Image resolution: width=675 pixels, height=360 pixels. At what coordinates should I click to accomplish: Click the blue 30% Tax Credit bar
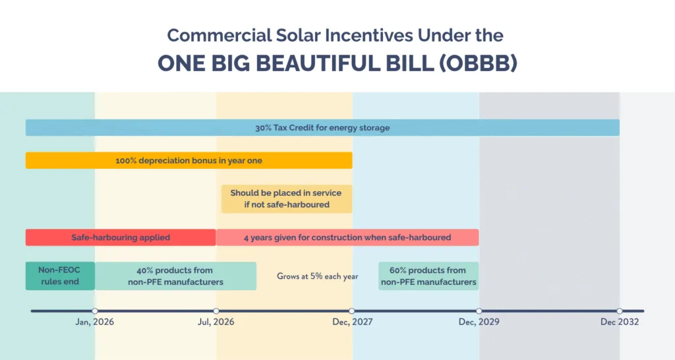(322, 127)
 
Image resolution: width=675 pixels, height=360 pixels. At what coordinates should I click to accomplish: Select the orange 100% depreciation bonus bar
(189, 160)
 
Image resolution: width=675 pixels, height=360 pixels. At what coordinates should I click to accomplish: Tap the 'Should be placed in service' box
(286, 198)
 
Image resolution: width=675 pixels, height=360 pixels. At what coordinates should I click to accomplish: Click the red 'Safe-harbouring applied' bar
(121, 237)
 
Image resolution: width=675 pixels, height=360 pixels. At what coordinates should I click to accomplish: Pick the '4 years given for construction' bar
(347, 237)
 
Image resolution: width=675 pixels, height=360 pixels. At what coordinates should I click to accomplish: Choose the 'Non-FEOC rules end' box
(60, 276)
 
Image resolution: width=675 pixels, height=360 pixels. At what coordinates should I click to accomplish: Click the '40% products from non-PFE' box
(175, 276)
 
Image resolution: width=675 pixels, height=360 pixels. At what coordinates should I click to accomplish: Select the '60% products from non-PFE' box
(428, 276)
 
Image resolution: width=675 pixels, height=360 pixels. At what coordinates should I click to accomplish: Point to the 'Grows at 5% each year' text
(317, 276)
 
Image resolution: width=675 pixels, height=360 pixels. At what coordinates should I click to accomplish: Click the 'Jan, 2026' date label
(95, 322)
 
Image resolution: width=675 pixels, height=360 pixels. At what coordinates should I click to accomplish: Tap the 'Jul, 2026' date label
(216, 322)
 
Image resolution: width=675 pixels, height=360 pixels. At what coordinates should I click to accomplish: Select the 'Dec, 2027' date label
(352, 322)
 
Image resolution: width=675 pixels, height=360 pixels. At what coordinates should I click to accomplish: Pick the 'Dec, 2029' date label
(479, 322)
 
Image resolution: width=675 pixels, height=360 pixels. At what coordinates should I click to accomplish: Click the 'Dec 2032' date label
(619, 322)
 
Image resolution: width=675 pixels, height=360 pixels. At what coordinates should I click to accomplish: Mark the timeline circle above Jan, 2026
(95, 311)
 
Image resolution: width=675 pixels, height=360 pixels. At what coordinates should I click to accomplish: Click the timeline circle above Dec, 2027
(352, 311)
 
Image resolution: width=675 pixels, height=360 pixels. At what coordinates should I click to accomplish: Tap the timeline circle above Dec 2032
(619, 311)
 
